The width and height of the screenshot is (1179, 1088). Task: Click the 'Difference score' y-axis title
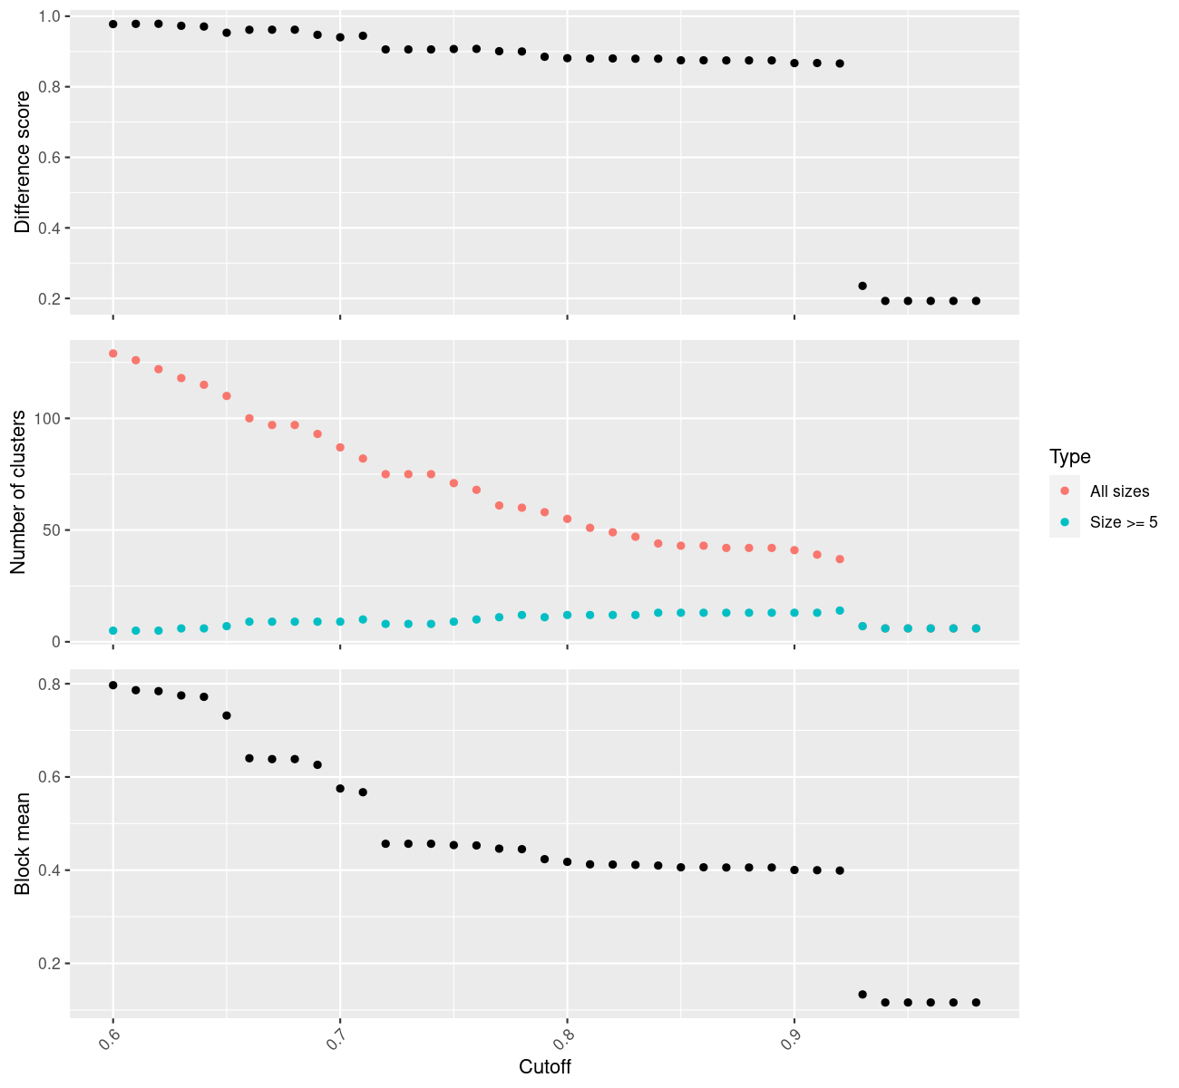click(23, 162)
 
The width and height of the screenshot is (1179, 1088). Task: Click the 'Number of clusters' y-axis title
click(18, 492)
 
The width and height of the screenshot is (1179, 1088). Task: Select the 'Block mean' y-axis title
click(23, 843)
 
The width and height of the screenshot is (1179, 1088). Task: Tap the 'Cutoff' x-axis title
click(544, 1066)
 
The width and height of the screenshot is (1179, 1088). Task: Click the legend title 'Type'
click(1069, 456)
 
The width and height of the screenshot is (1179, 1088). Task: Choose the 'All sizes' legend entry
click(1119, 491)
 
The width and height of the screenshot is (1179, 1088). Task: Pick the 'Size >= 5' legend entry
click(1124, 522)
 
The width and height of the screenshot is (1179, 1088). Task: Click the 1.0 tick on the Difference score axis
click(49, 16)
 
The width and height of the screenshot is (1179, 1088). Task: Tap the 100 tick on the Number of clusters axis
click(47, 419)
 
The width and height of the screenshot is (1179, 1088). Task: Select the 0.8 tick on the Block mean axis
click(49, 684)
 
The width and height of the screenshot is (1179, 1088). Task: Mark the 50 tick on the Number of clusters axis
click(51, 529)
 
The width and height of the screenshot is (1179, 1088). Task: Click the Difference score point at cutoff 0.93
click(862, 286)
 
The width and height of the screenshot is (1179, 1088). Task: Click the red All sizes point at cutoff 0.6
click(113, 354)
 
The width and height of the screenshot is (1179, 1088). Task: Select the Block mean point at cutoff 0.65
click(227, 715)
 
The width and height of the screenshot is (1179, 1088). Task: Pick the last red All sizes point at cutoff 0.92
click(840, 559)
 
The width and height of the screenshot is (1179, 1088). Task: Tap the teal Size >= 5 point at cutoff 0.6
click(113, 630)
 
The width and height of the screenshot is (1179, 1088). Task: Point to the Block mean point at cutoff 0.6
click(113, 685)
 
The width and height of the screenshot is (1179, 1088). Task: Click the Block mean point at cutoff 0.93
click(862, 995)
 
